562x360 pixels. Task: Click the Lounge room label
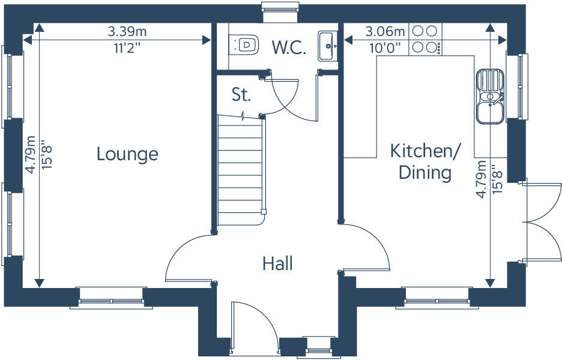tap(127, 154)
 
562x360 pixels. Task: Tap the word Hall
tap(277, 263)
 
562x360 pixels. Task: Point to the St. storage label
tap(241, 94)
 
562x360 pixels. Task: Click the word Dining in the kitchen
tap(425, 173)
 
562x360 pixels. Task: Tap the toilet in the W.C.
tap(245, 44)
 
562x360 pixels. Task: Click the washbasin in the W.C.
tap(327, 45)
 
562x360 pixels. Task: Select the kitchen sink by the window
tap(491, 96)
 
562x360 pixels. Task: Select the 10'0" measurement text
tap(385, 48)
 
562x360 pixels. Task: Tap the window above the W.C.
tap(280, 7)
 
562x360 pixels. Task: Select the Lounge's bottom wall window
tap(112, 298)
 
